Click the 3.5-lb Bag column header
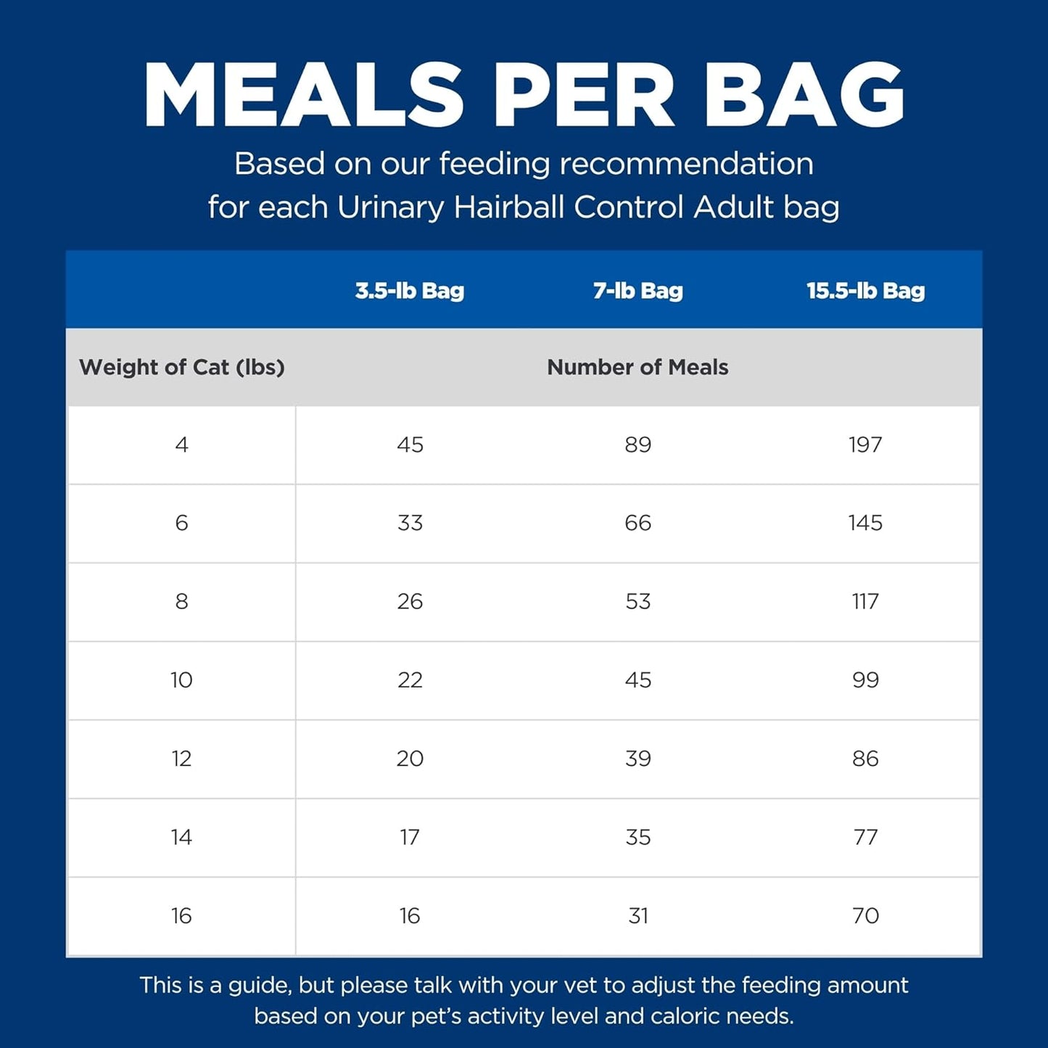tap(409, 291)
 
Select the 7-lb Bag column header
tap(638, 291)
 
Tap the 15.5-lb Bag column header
tap(865, 291)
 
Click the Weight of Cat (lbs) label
tap(181, 367)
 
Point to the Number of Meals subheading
tap(638, 367)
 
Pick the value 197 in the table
tap(865, 445)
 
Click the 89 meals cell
tap(638, 445)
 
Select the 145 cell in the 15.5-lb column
tap(865, 523)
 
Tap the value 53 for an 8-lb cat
tap(638, 601)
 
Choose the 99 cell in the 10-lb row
tap(865, 680)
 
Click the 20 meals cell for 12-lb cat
tap(410, 759)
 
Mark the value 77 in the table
tap(865, 837)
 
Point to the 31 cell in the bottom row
tap(638, 915)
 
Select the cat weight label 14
tap(181, 837)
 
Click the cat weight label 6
tap(181, 523)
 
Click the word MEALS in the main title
tap(304, 95)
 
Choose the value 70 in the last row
tap(865, 915)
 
